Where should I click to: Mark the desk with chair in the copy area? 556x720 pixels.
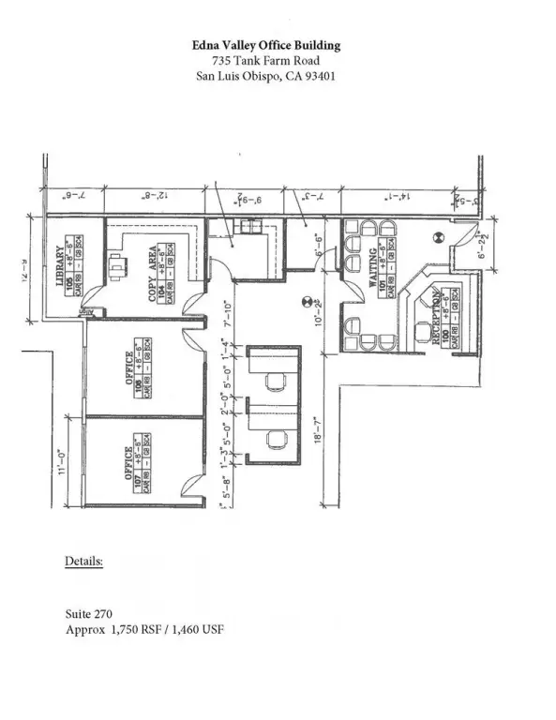coord(117,266)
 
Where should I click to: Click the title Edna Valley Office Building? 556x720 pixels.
coord(267,45)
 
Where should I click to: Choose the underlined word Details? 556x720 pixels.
coord(83,562)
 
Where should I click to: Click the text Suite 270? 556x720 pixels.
coord(88,615)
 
